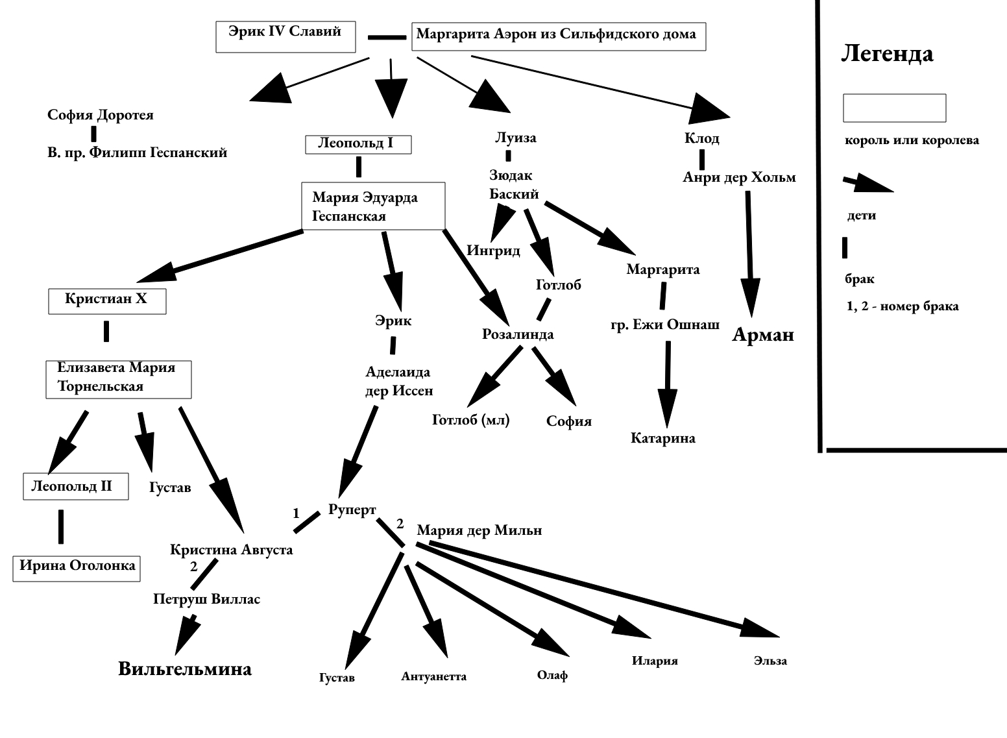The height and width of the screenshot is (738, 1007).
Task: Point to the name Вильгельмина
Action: point(185,669)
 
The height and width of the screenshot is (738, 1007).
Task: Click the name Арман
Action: point(763,334)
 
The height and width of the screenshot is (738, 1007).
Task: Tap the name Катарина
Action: point(662,438)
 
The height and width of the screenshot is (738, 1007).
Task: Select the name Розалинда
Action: point(518,334)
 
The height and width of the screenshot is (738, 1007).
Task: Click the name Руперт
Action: point(352,510)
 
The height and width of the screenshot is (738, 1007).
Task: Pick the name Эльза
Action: point(770,661)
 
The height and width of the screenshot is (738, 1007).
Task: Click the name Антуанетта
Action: point(433,676)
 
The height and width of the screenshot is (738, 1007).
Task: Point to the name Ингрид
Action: point(493,251)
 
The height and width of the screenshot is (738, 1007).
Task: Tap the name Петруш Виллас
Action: point(207,600)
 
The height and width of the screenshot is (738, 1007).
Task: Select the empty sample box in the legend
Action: point(894,108)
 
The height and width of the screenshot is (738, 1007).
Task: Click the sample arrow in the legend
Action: point(867,184)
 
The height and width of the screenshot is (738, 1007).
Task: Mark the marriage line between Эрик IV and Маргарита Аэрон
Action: point(387,38)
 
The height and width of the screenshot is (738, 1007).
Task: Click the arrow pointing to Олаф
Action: point(492,610)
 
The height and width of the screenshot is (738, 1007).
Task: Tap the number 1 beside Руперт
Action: point(296,513)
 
